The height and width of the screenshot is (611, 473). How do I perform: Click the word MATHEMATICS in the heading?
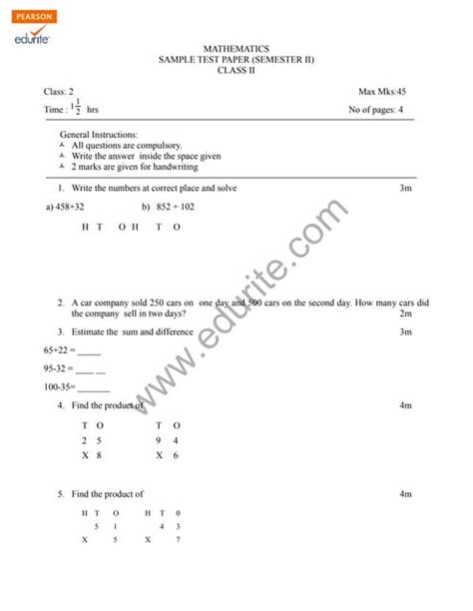pos(236,48)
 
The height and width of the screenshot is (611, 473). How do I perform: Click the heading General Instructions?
pos(99,134)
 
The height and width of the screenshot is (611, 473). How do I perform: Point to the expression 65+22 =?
pos(58,350)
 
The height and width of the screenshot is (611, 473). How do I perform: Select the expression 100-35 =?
pos(62,388)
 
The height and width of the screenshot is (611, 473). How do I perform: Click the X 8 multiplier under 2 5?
pos(92,455)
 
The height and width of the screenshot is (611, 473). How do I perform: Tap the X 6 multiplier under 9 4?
pos(167,455)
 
